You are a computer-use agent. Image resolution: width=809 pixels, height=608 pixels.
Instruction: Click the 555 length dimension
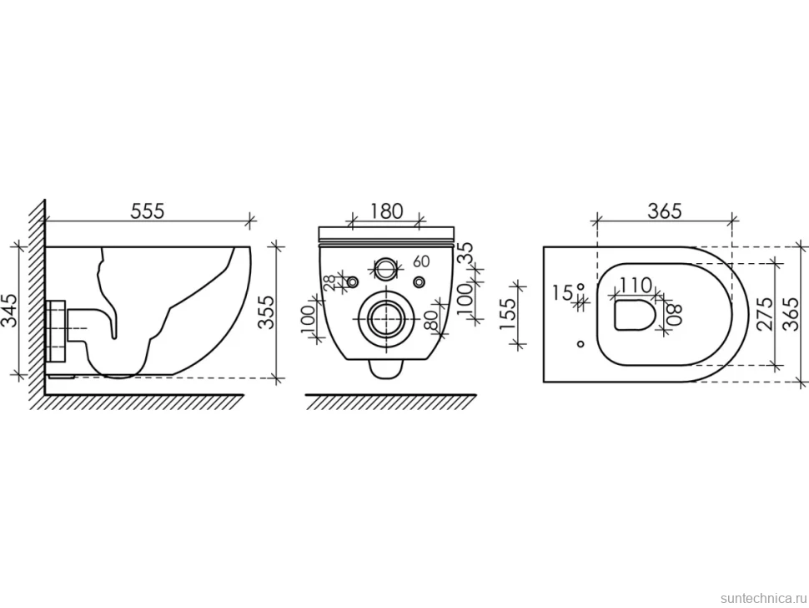[x=147, y=211]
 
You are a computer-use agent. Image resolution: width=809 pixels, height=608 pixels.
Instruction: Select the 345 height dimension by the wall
[x=11, y=310]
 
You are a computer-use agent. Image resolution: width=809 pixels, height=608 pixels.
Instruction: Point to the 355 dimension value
[x=266, y=312]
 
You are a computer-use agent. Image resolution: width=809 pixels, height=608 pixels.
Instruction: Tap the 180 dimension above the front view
[x=386, y=211]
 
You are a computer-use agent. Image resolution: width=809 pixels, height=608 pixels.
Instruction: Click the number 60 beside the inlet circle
[x=421, y=261]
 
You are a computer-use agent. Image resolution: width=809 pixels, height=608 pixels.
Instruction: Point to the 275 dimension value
[x=765, y=314]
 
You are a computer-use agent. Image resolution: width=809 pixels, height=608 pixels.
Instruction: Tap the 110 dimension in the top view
[x=636, y=285]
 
